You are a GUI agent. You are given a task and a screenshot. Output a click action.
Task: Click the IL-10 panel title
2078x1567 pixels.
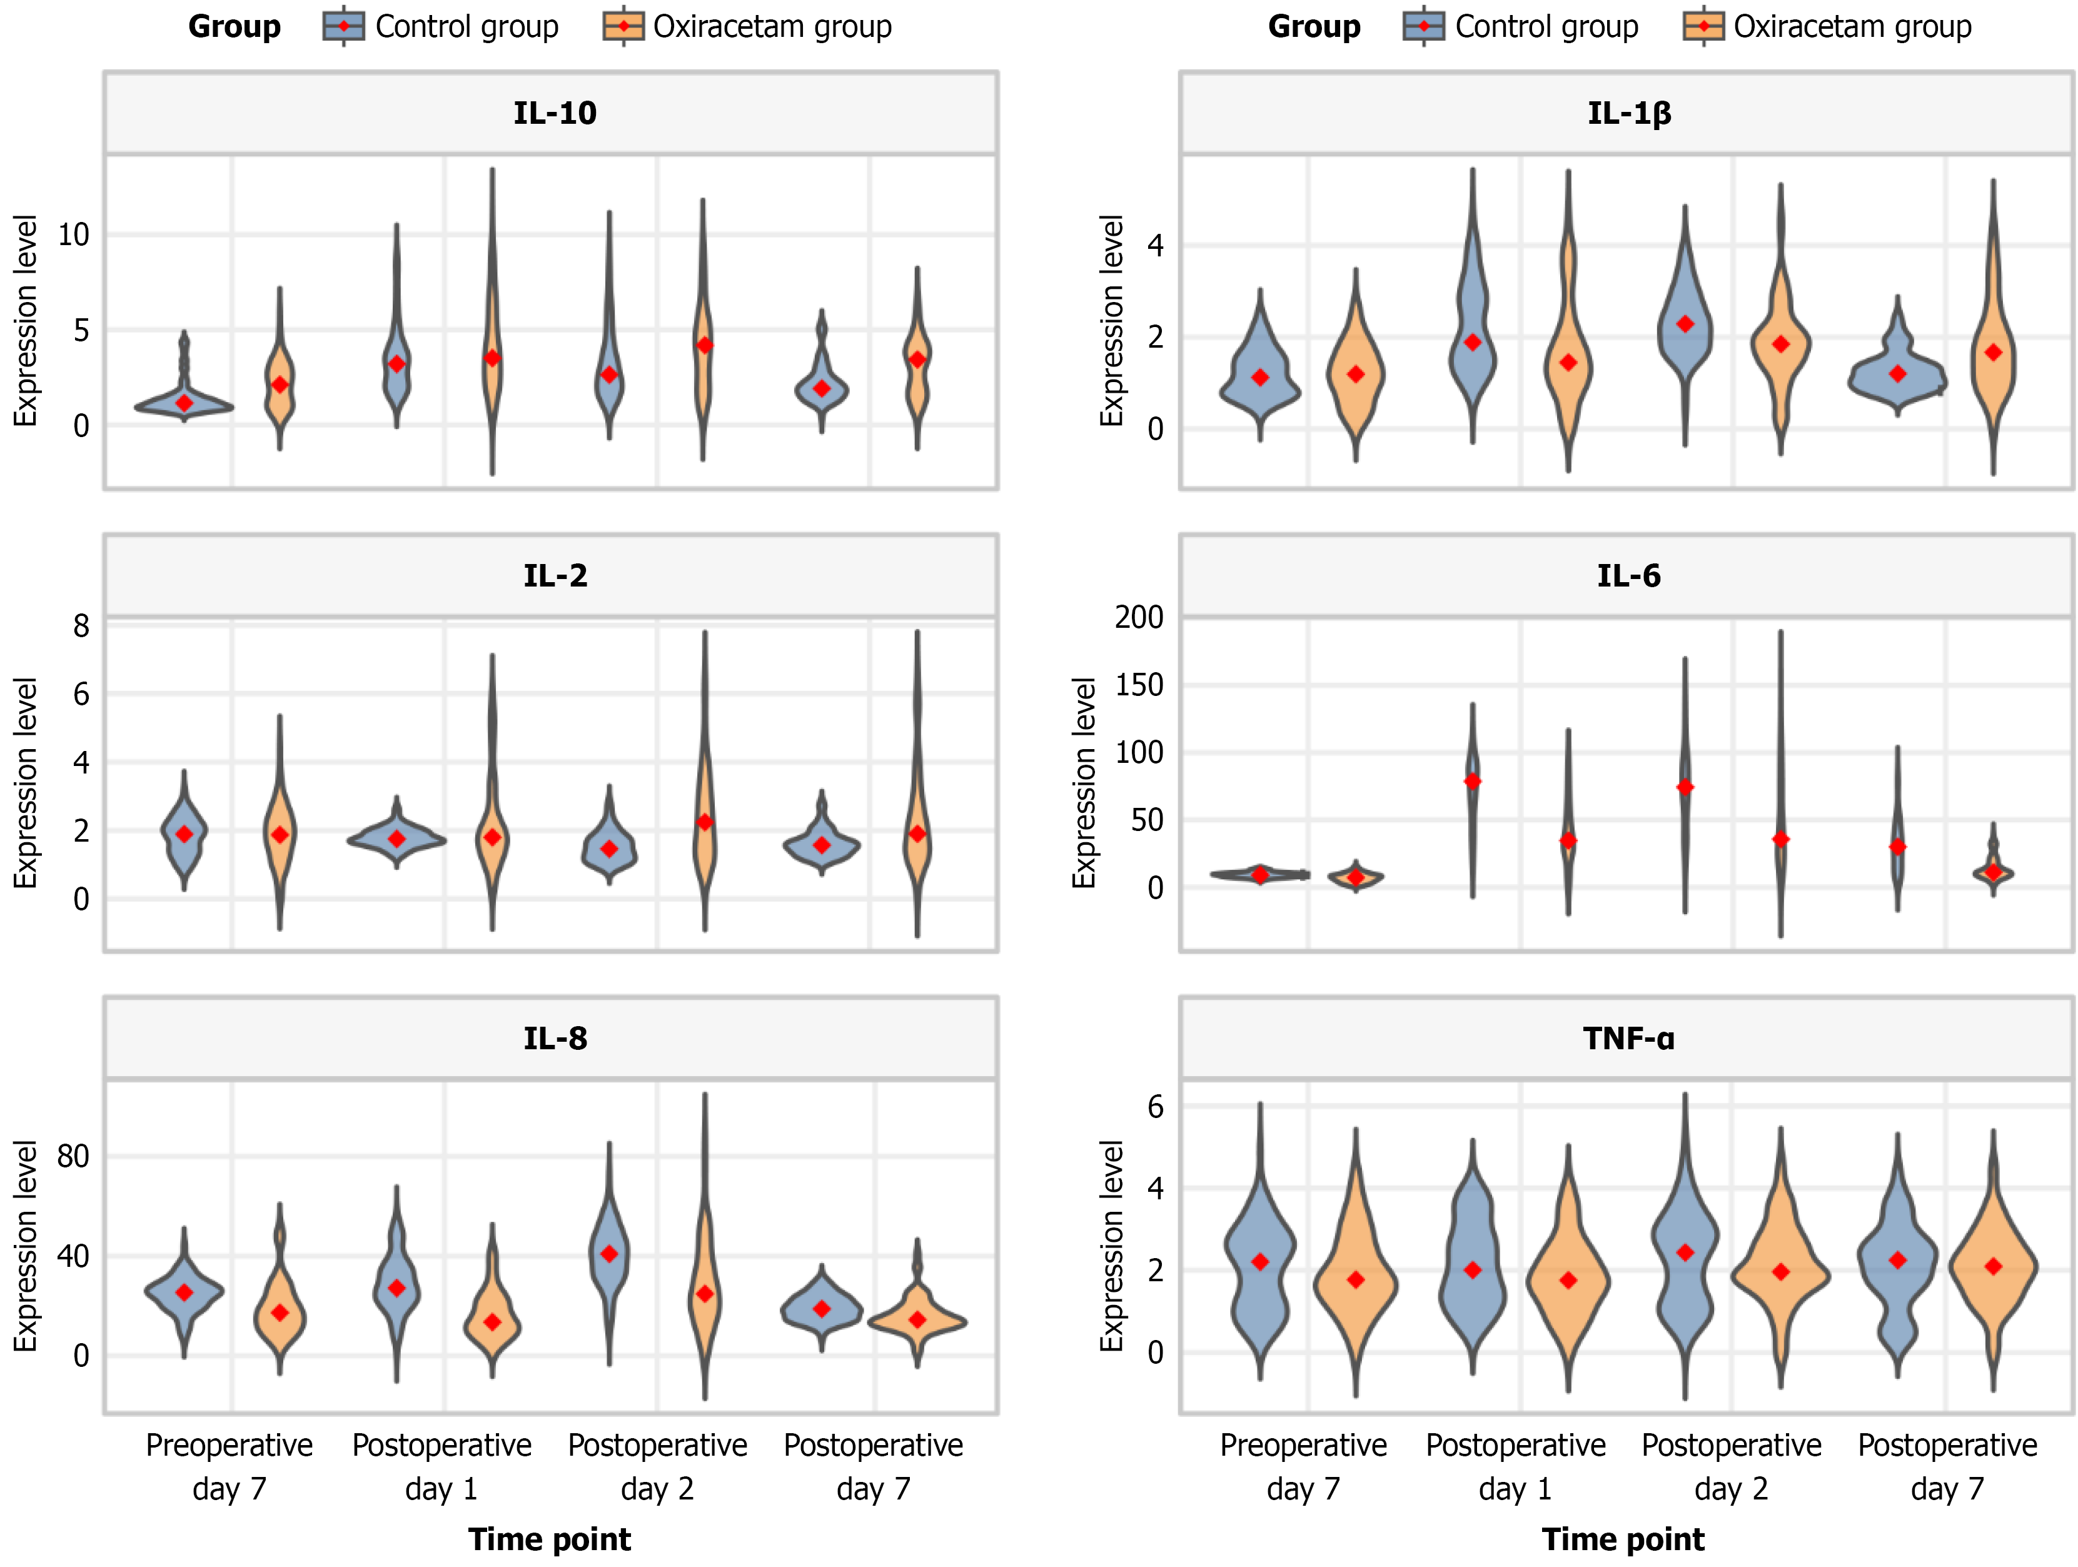point(554,113)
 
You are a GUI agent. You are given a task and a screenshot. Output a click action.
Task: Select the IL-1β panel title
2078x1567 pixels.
point(1629,113)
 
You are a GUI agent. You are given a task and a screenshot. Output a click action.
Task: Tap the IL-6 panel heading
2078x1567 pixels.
point(1629,575)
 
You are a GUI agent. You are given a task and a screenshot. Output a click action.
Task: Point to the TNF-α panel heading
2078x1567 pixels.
point(1629,1038)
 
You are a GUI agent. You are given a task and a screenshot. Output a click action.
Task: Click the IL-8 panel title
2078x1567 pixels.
point(554,1038)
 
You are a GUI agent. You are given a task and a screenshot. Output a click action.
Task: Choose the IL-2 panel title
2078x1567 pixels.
point(554,575)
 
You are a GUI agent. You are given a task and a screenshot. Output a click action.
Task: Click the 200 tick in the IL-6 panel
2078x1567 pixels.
point(1139,617)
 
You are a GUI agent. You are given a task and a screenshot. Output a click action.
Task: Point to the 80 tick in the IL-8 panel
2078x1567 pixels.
point(73,1156)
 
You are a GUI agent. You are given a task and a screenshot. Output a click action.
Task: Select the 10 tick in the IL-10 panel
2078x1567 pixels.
point(73,235)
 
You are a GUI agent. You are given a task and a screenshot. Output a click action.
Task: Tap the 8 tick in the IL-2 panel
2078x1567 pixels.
point(82,626)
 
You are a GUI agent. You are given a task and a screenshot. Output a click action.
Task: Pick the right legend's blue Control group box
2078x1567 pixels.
point(1423,26)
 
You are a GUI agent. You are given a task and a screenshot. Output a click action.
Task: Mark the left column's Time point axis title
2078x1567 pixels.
point(550,1539)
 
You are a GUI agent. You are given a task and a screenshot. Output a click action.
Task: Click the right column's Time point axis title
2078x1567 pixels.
point(1623,1539)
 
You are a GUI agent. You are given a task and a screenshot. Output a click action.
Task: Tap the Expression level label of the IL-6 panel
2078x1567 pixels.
point(1084,782)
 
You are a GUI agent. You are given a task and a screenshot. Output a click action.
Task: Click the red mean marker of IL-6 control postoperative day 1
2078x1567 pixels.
point(1472,780)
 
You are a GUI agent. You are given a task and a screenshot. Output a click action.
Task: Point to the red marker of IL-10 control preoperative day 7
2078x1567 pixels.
point(184,403)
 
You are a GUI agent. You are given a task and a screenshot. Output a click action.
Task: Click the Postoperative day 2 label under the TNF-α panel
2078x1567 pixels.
point(1732,1466)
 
